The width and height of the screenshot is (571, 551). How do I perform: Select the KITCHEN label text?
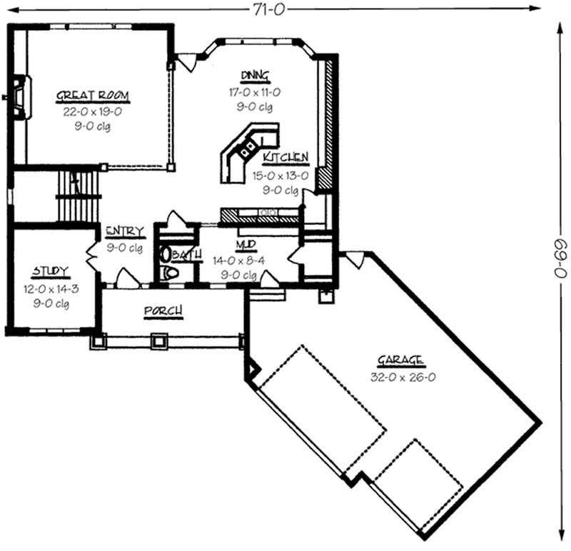285,158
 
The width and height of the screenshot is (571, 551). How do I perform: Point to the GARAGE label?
403,360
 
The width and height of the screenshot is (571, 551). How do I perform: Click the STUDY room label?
50,272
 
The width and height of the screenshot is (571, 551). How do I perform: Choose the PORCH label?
163,311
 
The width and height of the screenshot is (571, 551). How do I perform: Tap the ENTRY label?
125,231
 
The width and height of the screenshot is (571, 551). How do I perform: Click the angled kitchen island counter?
247,151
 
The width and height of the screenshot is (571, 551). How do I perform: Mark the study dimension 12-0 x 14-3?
50,289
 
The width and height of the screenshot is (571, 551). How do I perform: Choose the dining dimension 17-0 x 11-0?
255,92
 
